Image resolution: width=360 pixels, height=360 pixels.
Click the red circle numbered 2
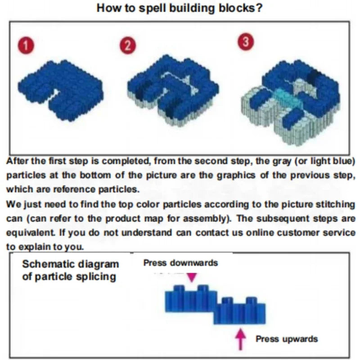pyautogui.click(x=128, y=46)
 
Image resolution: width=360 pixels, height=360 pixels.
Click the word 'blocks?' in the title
pyautogui.click(x=242, y=8)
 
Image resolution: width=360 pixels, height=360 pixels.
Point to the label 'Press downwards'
pyautogui.click(x=180, y=263)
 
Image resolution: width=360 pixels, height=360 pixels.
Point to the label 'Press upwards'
pyautogui.click(x=287, y=339)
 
